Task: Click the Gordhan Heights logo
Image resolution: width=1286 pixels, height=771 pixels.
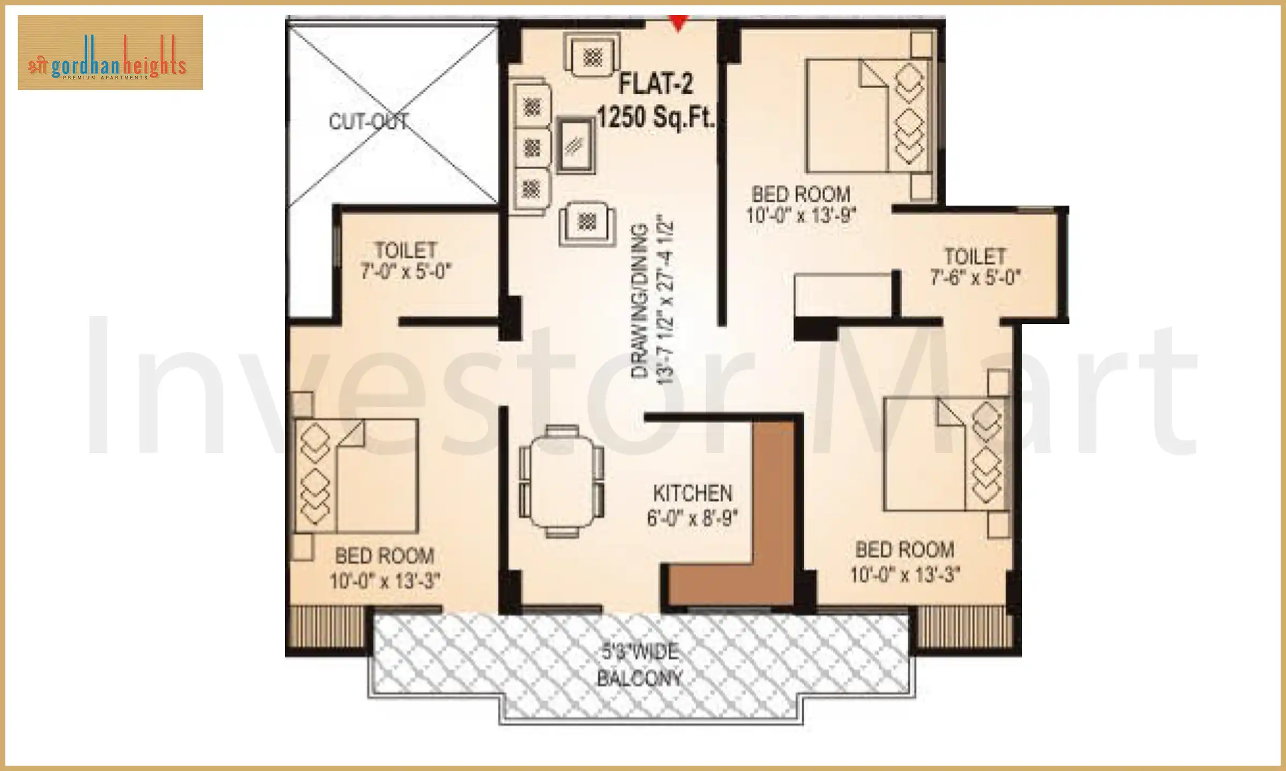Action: coord(110,52)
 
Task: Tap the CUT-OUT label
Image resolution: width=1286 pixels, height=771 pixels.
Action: coord(368,122)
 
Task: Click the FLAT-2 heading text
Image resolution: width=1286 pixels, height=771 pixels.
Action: coord(655,85)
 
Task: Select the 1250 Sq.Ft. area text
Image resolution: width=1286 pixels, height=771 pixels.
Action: coord(655,117)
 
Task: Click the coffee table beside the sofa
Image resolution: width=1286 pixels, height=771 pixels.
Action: coord(575,145)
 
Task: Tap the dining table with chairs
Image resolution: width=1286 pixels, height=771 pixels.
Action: coord(562,480)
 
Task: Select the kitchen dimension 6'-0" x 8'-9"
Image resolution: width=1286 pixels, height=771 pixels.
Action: coord(692,518)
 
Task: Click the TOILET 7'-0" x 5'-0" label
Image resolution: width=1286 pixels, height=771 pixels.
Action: coord(406,261)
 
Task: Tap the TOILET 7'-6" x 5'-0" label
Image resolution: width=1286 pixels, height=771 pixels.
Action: coord(975,267)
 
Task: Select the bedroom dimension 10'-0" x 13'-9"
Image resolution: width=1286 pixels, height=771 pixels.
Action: coord(801,216)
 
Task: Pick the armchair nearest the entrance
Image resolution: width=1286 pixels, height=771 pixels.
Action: coord(593,56)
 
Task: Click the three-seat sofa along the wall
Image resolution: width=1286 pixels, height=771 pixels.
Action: coord(530,147)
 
